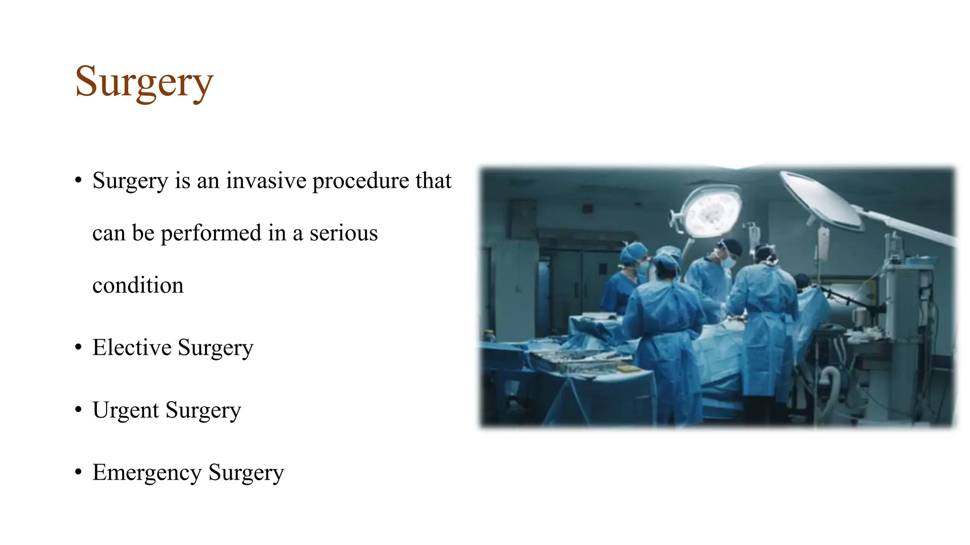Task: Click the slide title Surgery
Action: point(144,82)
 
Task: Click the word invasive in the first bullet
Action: point(266,181)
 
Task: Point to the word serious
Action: point(343,233)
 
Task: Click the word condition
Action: point(138,286)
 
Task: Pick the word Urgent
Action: point(126,410)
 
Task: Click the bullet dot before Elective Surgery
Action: point(79,347)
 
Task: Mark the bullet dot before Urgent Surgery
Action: point(79,410)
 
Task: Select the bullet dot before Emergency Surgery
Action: point(79,472)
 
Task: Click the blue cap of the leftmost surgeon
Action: point(633,252)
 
